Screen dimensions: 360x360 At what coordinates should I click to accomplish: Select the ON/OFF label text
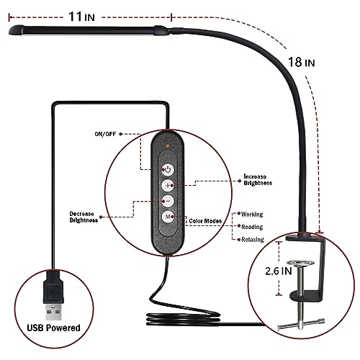pyautogui.click(x=105, y=134)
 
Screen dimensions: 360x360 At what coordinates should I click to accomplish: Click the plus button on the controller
pyautogui.click(x=167, y=185)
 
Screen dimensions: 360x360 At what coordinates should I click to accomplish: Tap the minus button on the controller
pyautogui.click(x=167, y=202)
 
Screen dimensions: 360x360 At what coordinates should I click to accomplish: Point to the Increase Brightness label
pyautogui.click(x=258, y=180)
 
